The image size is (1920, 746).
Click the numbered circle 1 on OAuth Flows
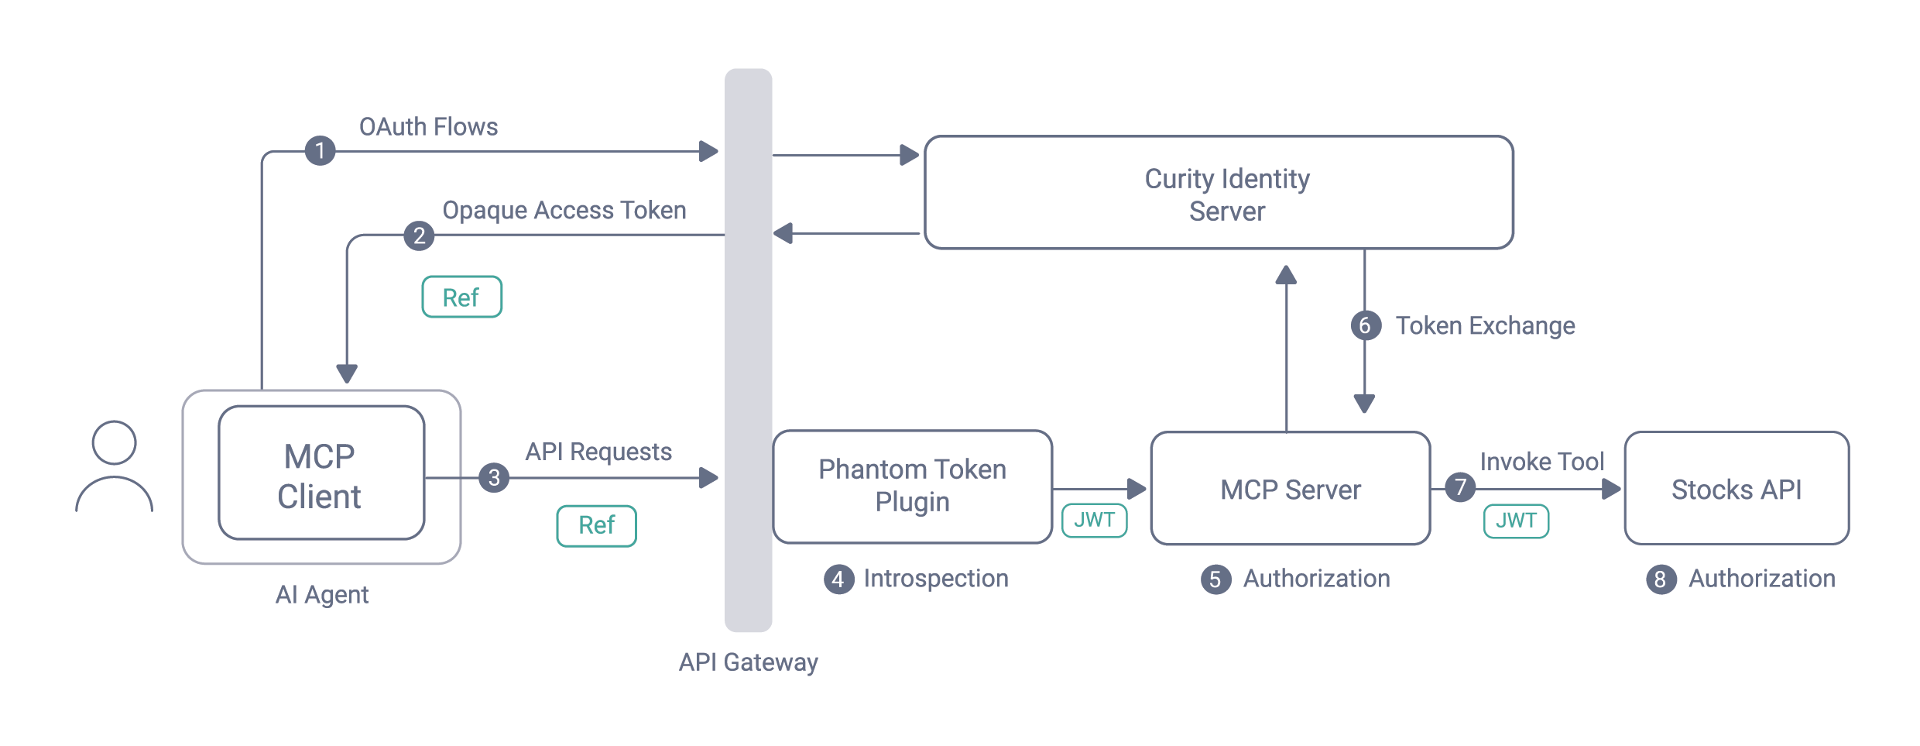pos(320,150)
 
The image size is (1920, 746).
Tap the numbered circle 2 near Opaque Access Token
pos(419,235)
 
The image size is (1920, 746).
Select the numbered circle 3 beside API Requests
pos(494,477)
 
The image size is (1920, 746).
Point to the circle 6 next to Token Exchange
pos(1366,325)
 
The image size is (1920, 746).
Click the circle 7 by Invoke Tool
pos(1460,487)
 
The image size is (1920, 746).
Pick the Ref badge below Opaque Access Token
pos(461,297)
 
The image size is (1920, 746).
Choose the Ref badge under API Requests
pos(596,525)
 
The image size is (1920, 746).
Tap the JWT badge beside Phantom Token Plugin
pos(1094,520)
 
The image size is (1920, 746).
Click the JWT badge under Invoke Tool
pos(1516,521)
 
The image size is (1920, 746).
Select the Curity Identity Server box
pos(1219,193)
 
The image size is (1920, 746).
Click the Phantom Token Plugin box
pos(912,486)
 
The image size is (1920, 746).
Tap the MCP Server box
pos(1290,489)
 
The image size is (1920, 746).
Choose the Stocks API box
pos(1737,489)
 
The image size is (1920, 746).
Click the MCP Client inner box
pos(321,473)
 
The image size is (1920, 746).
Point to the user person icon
pos(115,466)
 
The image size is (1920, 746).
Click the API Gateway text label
pos(748,662)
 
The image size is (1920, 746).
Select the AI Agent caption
pos(322,595)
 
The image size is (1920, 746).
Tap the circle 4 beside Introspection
pos(838,579)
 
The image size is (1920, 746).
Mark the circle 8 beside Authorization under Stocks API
pos(1661,579)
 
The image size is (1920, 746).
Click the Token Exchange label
pos(1485,326)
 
